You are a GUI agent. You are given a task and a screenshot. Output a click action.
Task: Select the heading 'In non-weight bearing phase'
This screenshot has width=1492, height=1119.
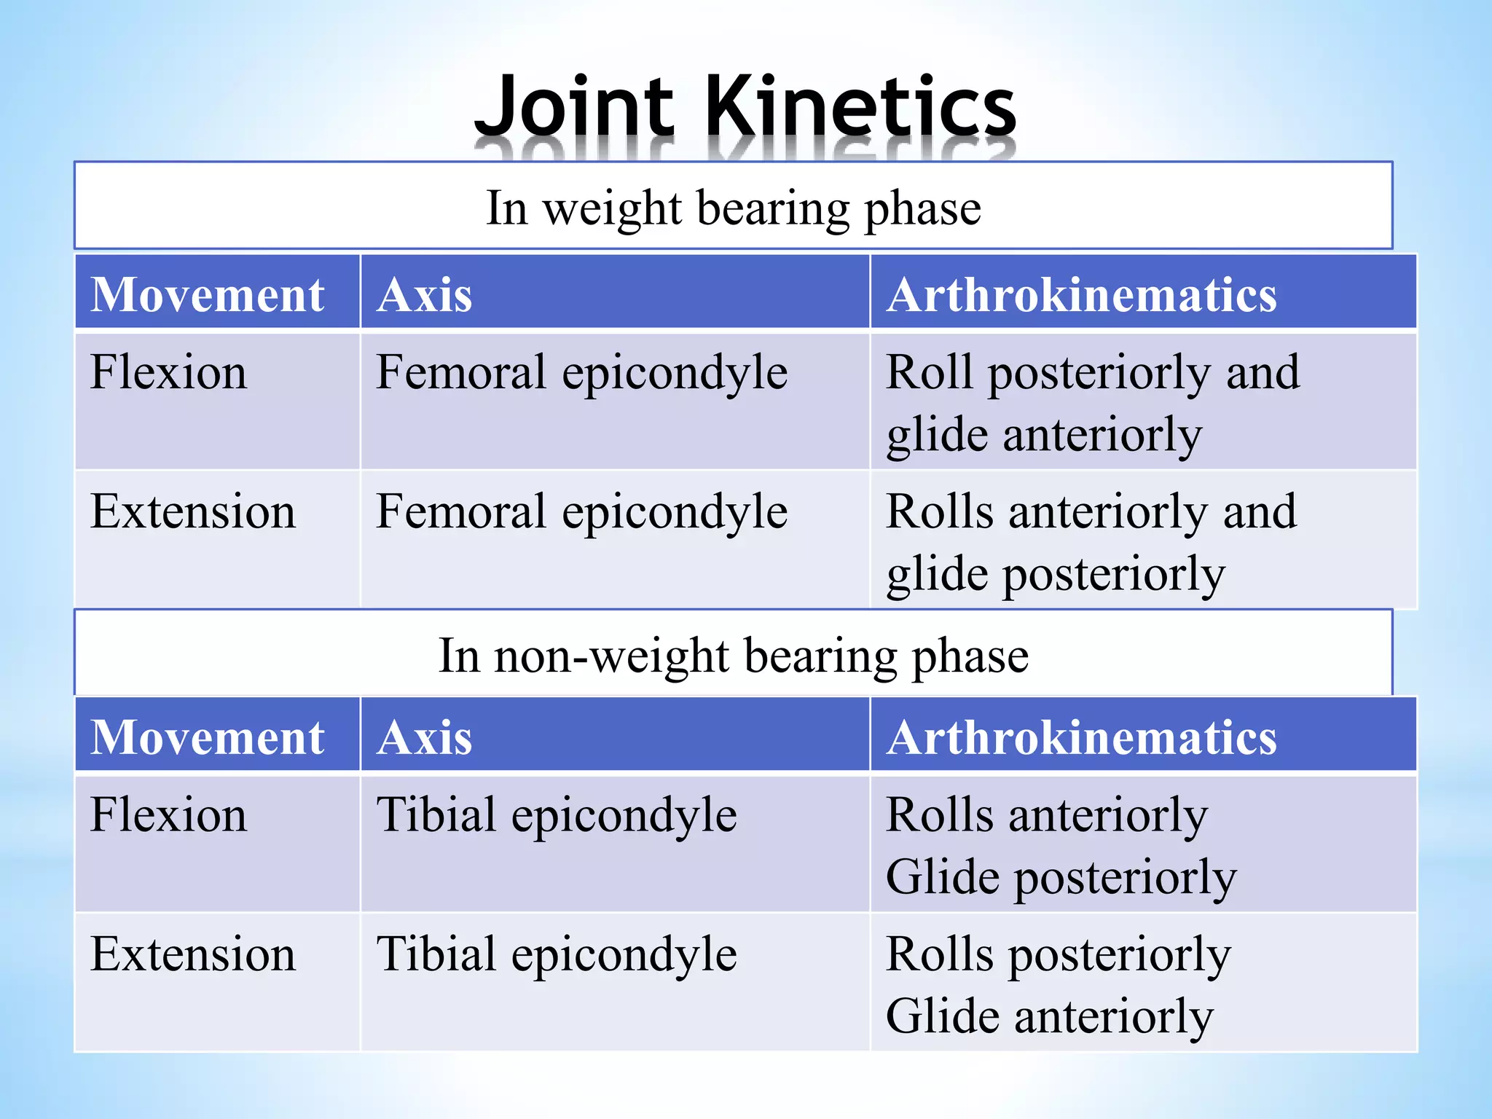click(734, 655)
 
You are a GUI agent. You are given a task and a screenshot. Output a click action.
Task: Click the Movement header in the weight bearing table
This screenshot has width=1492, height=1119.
click(208, 295)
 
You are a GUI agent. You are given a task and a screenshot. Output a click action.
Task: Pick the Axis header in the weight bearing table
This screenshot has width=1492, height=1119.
click(425, 295)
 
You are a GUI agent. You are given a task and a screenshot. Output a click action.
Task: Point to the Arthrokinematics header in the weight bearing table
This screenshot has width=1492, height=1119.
click(1082, 295)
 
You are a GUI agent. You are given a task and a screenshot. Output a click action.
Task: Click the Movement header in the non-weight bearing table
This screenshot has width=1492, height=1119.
click(208, 737)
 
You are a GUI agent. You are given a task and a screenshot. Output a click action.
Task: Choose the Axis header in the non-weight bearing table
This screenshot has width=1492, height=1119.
click(425, 737)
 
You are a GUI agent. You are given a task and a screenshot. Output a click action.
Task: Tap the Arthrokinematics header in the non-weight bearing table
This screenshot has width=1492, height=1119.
click(1082, 737)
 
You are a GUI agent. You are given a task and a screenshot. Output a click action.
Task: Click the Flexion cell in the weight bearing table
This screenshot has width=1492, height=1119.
click(168, 372)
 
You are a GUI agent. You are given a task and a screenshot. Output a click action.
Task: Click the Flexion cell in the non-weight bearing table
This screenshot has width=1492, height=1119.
click(168, 814)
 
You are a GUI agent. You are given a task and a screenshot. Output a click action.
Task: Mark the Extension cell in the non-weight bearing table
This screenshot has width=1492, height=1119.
click(193, 954)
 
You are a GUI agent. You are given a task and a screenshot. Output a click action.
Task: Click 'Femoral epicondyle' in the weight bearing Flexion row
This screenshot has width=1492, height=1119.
click(581, 372)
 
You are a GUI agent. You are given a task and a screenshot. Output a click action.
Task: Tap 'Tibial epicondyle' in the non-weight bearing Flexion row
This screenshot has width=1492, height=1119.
click(557, 814)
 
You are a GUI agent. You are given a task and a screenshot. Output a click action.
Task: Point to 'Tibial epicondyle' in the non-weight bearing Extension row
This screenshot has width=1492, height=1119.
click(557, 954)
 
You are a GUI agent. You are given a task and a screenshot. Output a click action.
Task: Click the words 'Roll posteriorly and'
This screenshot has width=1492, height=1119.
click(1093, 372)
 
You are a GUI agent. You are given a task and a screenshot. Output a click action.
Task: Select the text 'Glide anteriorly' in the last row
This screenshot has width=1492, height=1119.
click(1050, 1016)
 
